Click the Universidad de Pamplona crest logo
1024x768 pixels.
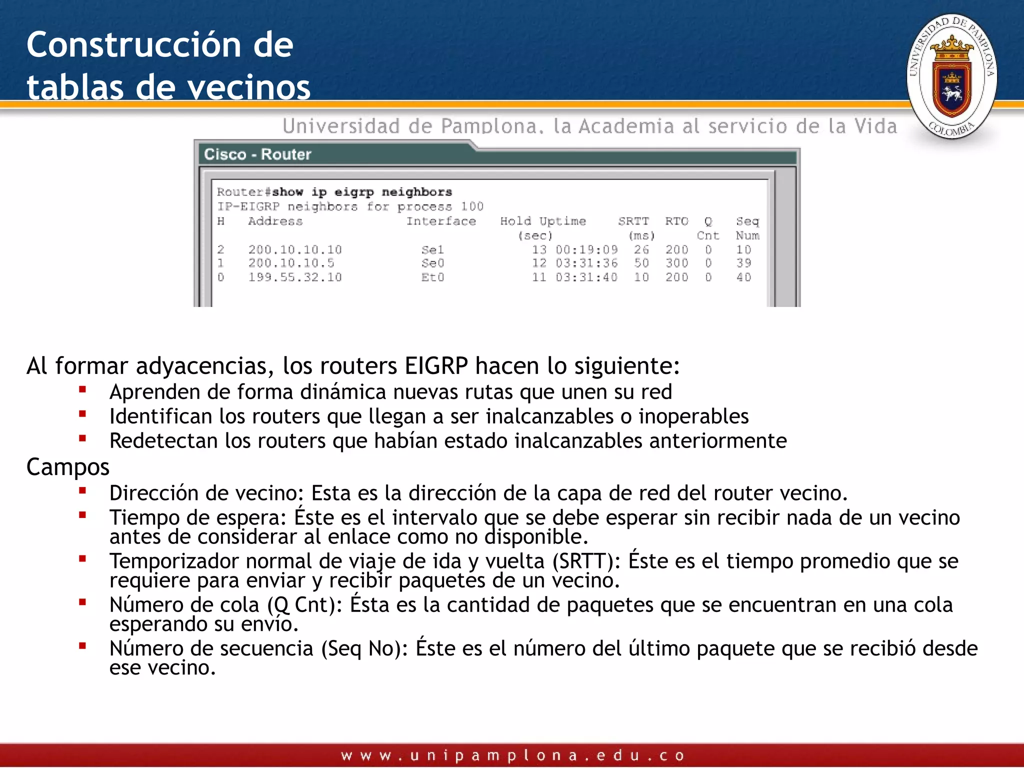click(951, 76)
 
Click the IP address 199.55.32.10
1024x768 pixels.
click(295, 277)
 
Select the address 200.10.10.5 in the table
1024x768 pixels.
click(291, 263)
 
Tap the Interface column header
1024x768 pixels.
click(440, 221)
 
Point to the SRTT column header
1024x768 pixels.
click(633, 221)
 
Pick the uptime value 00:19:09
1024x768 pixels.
click(586, 249)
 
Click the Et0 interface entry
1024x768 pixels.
click(432, 277)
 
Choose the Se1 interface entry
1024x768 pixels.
click(432, 249)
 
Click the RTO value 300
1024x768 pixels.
click(676, 263)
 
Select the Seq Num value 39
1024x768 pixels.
click(743, 263)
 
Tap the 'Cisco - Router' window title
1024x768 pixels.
click(257, 154)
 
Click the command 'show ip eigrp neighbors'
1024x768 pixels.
click(361, 192)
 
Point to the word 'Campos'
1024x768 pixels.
click(67, 467)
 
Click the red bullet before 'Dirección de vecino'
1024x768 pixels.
click(82, 491)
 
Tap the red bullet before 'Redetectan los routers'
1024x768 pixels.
click(82, 438)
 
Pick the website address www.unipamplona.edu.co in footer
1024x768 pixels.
click(512, 755)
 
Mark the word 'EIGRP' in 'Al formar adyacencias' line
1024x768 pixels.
click(436, 366)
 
